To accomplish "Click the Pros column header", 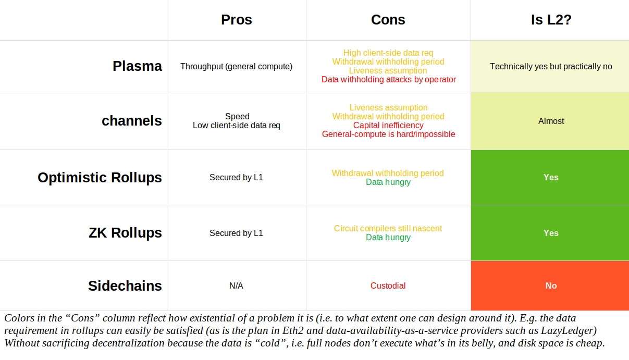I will (236, 20).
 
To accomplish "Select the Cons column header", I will (388, 20).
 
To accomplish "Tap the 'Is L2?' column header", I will (551, 20).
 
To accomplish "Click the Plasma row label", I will (137, 66).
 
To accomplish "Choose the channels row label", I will (131, 121).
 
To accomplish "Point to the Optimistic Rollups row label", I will (100, 177).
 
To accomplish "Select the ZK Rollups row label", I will (125, 233).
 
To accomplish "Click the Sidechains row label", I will (125, 285).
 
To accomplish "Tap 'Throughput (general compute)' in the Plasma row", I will (236, 66).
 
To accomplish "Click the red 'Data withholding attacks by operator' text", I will (388, 80).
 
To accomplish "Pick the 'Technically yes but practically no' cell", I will (551, 66).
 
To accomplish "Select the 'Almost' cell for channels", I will (551, 121).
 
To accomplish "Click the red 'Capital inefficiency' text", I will (388, 125).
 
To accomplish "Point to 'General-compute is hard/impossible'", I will (388, 134).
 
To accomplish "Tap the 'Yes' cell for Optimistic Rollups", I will (551, 177).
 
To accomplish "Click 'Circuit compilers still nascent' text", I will (388, 228).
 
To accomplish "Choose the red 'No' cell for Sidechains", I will (551, 285).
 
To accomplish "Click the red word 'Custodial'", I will (388, 285).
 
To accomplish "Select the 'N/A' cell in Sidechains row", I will (236, 285).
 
